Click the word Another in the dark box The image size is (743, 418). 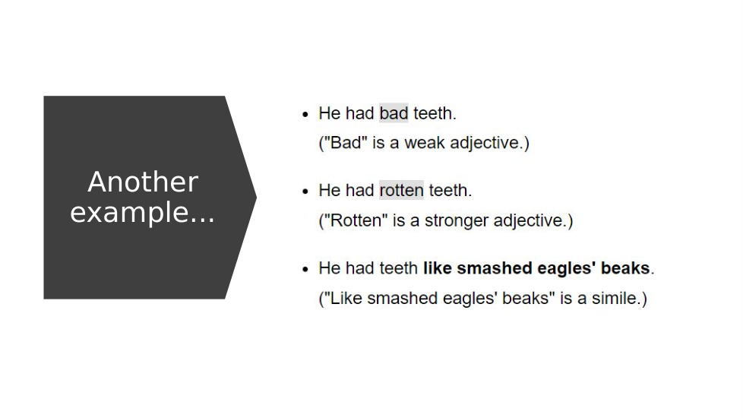tap(143, 182)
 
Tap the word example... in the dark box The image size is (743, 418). tap(142, 212)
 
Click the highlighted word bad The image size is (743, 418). tap(394, 113)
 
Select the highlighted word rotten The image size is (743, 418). tap(401, 190)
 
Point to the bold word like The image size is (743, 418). tap(438, 268)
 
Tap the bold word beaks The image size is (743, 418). tap(625, 268)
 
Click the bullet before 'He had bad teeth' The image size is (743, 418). tap(305, 114)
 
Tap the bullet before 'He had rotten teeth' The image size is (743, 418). tap(305, 192)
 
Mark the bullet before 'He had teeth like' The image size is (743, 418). tap(305, 269)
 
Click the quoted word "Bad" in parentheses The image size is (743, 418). tap(346, 143)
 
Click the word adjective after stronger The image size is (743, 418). tap(530, 221)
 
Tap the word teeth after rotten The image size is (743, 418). tap(448, 190)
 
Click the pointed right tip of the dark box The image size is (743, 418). tap(256, 197)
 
